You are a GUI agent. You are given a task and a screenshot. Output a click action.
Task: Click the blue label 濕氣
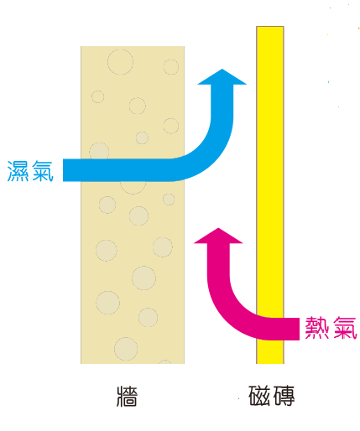click(x=30, y=171)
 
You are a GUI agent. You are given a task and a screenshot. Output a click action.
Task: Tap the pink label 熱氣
click(x=331, y=328)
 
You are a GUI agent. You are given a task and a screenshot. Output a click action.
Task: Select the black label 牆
click(x=127, y=396)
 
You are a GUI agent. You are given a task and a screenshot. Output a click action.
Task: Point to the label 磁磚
click(x=271, y=396)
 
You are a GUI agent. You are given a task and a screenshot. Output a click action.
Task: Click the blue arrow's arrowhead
click(x=222, y=77)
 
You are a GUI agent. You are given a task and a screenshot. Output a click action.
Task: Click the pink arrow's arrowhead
click(x=218, y=236)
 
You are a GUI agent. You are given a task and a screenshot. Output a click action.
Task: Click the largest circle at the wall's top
click(x=120, y=62)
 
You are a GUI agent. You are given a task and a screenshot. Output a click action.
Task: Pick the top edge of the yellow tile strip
click(x=270, y=27)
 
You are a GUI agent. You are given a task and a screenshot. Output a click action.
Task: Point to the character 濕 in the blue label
click(x=18, y=171)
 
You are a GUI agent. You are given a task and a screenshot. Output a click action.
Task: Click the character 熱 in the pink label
click(x=316, y=328)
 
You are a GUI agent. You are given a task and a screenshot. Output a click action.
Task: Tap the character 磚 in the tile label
click(x=284, y=396)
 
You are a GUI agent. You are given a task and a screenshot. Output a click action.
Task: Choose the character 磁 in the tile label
click(x=259, y=396)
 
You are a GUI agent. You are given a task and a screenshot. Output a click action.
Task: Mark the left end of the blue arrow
click(x=64, y=170)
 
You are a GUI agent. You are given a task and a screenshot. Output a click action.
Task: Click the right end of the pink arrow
click(x=299, y=329)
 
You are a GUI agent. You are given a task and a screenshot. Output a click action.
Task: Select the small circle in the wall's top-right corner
click(x=171, y=67)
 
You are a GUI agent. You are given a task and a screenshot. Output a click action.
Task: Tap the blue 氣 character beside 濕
click(x=43, y=171)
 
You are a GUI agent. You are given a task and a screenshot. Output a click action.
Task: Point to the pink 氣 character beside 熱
click(x=345, y=328)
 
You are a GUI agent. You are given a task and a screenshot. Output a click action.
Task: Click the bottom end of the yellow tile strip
click(x=270, y=363)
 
